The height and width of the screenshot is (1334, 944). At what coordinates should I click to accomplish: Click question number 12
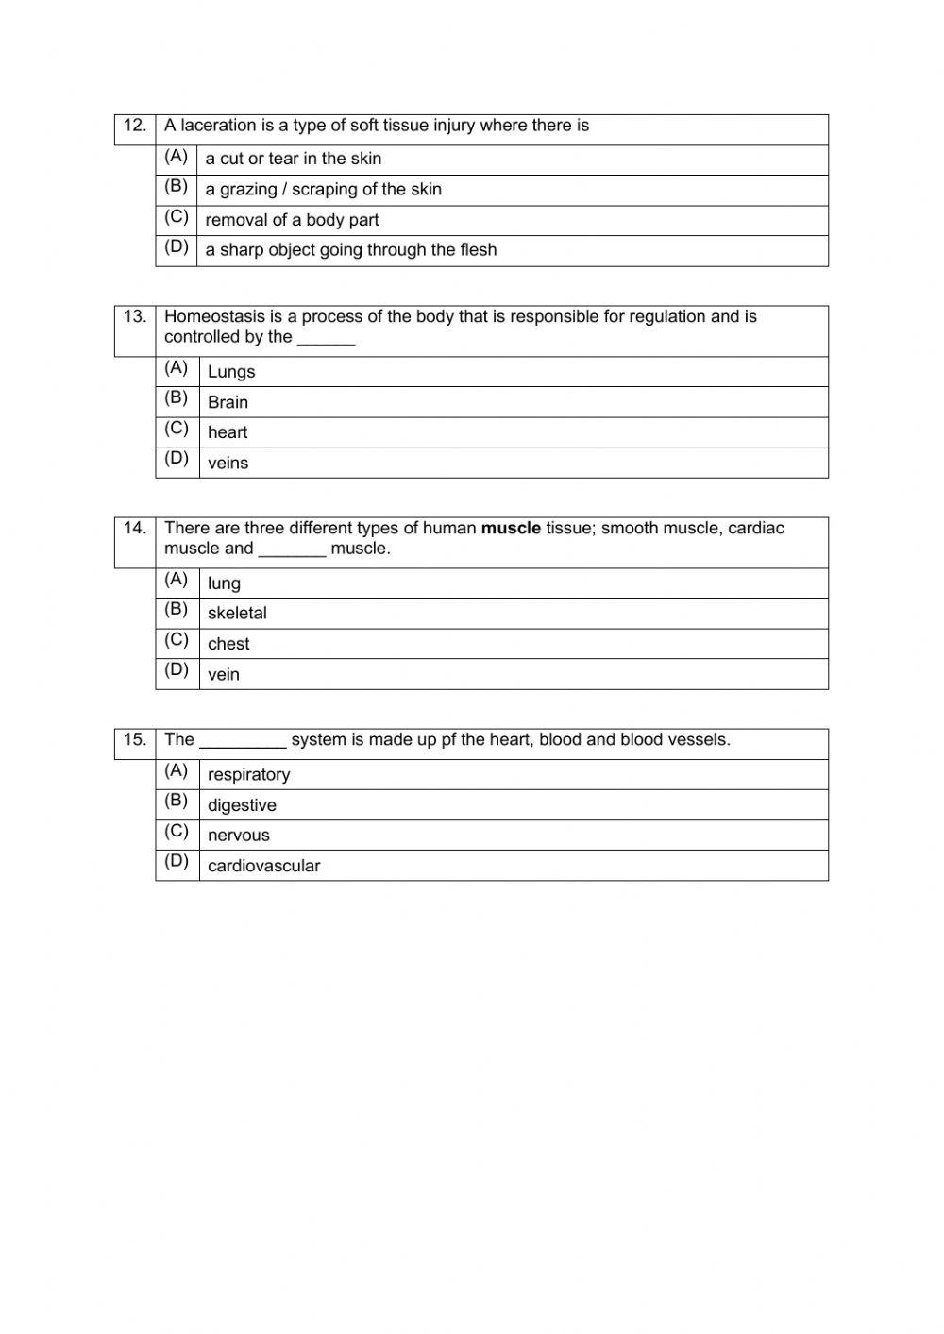coord(135,126)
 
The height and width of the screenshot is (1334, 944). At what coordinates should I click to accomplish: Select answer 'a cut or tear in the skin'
coord(293,159)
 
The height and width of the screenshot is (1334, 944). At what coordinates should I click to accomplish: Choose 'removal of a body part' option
coord(292,220)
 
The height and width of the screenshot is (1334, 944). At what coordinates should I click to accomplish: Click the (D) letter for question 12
coord(177,247)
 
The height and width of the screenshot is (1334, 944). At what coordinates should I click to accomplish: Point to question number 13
coord(135,316)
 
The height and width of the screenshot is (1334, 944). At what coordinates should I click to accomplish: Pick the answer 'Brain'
coord(228,402)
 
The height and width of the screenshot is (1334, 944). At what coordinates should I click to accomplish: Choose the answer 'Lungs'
coord(231,372)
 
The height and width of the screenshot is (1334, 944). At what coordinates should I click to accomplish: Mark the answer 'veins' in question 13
coord(228,463)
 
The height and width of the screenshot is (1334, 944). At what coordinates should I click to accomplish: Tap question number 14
coord(135,528)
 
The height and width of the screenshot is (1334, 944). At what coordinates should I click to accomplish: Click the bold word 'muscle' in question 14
coord(511,528)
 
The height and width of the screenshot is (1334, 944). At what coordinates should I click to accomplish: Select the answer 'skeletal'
coord(237,614)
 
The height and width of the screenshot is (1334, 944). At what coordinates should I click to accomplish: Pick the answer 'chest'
coord(228,644)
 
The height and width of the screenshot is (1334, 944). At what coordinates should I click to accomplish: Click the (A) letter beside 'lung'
coord(177,579)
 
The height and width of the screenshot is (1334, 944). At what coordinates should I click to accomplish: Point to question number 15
coord(135,739)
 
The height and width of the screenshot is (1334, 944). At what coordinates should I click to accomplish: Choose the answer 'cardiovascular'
coord(263,866)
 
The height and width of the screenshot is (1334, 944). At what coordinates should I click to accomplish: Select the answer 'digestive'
coord(242,805)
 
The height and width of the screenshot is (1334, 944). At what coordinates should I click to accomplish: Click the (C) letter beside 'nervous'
coord(177,831)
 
